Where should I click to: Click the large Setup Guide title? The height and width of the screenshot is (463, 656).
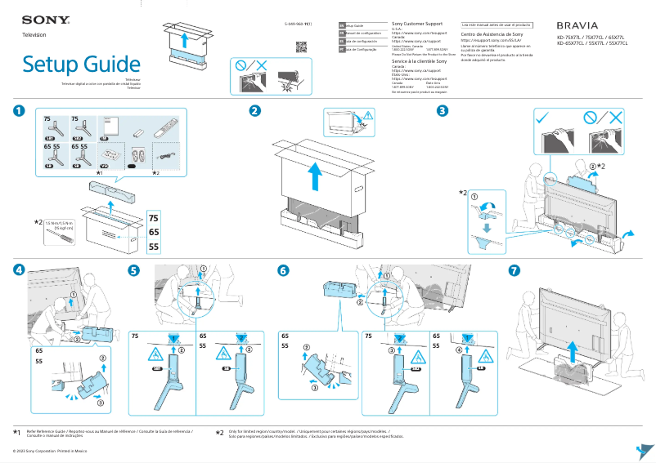(x=81, y=64)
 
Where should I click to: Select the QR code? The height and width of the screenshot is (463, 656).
(x=301, y=47)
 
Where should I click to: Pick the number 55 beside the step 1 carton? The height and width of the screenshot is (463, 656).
(x=154, y=247)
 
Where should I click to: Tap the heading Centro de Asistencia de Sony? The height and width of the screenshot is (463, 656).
(x=492, y=35)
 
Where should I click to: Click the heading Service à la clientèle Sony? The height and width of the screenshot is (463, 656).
(x=420, y=61)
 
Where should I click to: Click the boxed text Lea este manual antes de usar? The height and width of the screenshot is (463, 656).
(x=496, y=25)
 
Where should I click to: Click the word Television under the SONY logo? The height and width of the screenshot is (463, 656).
(x=34, y=35)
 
